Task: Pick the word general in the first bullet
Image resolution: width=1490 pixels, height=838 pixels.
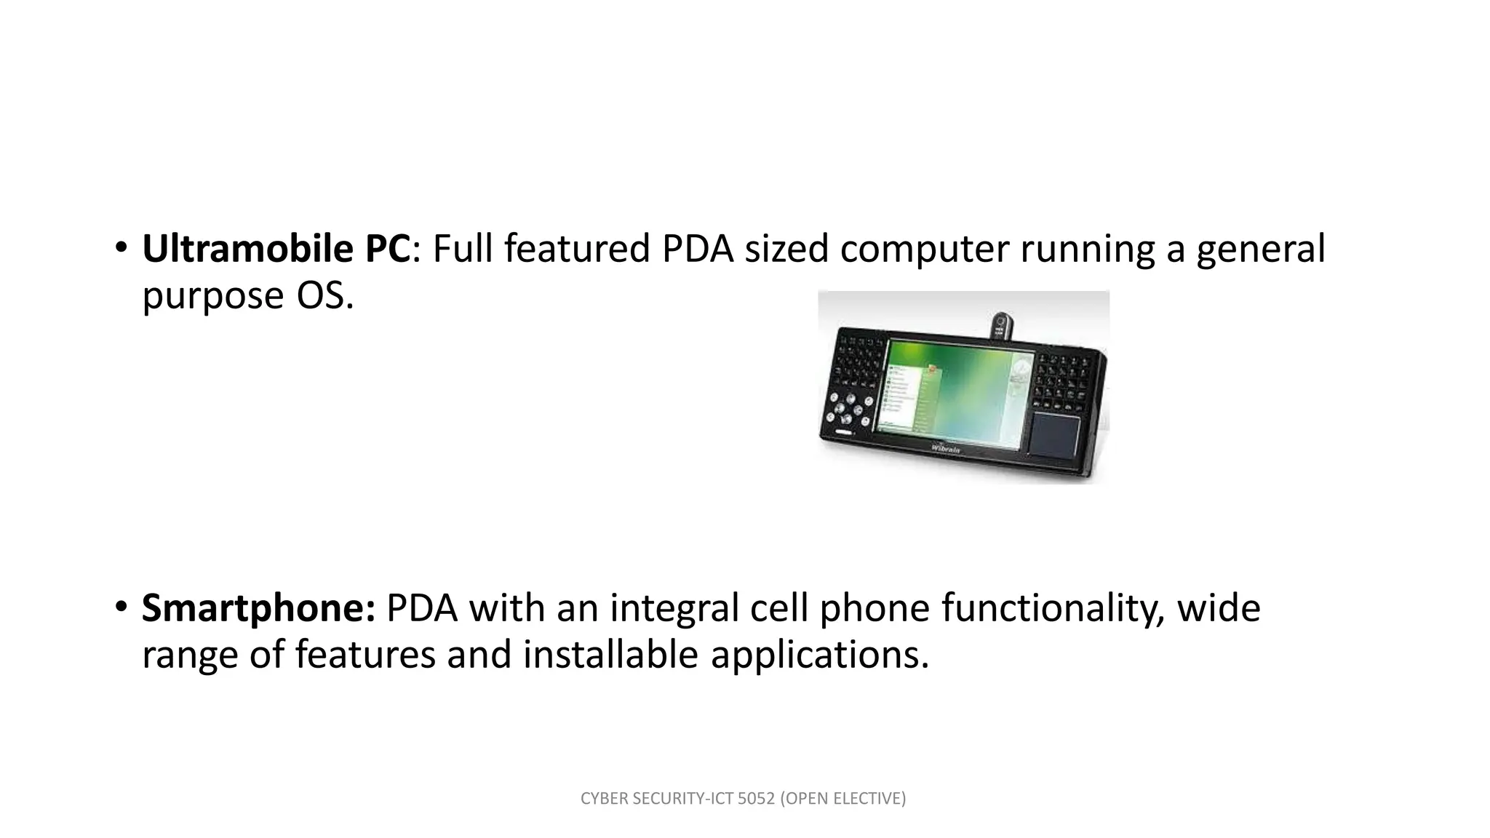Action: point(1261,250)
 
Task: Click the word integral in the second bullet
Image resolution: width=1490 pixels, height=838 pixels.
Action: point(674,609)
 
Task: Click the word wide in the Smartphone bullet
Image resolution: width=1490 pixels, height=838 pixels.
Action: point(1219,609)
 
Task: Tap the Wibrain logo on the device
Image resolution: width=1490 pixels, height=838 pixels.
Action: point(946,448)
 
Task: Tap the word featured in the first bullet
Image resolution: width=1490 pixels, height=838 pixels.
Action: point(576,250)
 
